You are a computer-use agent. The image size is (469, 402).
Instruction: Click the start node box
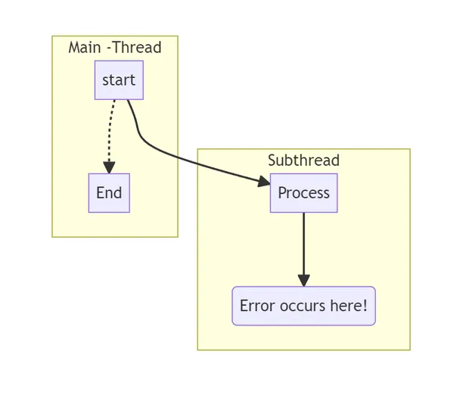point(119,80)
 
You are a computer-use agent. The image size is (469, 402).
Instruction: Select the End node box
point(109,193)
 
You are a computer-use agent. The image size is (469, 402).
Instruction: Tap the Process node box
point(303,193)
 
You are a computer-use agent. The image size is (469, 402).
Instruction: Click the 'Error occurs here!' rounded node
point(303,306)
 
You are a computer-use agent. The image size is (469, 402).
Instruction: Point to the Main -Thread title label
point(115,47)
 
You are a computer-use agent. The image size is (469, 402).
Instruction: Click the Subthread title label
point(303,160)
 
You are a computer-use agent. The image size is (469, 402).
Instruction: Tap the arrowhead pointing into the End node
point(109,167)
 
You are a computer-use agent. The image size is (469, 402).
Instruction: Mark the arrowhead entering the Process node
point(263,182)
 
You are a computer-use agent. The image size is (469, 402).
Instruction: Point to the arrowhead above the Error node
point(303,280)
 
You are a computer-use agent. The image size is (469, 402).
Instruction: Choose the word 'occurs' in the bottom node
point(300,306)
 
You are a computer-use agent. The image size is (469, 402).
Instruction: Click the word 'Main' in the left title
point(85,47)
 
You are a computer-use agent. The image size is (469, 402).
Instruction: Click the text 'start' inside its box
point(119,80)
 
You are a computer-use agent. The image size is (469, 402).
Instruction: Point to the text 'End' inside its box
point(109,193)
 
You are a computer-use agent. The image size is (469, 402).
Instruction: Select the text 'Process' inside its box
point(303,193)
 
